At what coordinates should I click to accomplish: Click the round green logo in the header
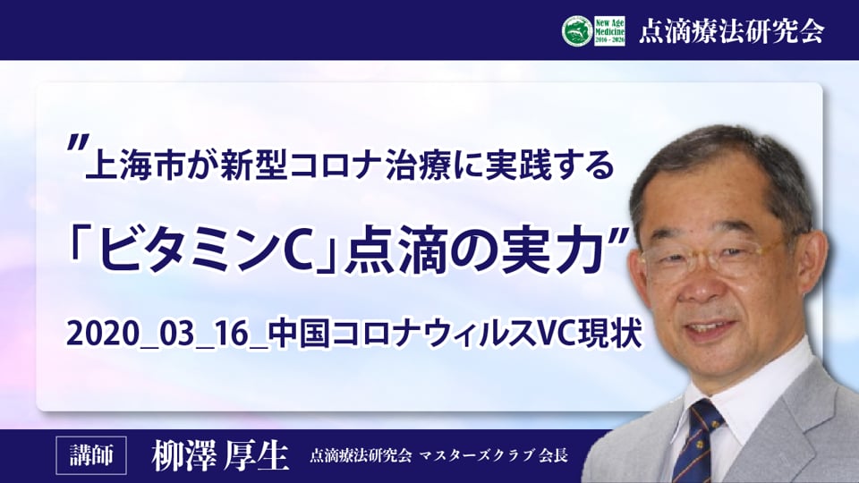[577, 30]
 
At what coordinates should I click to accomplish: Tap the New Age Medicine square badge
[609, 31]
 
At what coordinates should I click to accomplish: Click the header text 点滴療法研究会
[731, 31]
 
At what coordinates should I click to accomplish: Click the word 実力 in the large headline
[557, 250]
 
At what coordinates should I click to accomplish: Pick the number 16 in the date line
[233, 333]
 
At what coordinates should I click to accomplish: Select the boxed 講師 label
[91, 455]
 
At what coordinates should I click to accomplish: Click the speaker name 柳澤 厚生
[220, 455]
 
